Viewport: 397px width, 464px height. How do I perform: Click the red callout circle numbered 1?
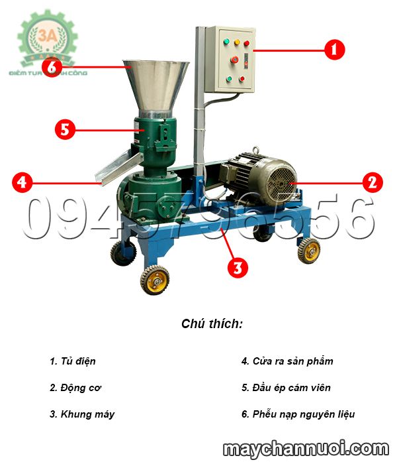(334, 49)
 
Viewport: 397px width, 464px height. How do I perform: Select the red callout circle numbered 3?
(238, 267)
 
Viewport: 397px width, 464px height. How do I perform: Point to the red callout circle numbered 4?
(22, 182)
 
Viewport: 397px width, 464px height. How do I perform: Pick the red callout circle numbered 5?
(64, 129)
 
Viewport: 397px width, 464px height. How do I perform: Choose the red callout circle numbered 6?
(53, 67)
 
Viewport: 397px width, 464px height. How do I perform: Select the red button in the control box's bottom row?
(242, 79)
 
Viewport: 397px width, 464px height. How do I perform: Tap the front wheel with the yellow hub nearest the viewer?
(153, 278)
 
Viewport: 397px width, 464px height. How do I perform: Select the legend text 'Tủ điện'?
(73, 361)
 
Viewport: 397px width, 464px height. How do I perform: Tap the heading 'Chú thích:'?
(212, 324)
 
